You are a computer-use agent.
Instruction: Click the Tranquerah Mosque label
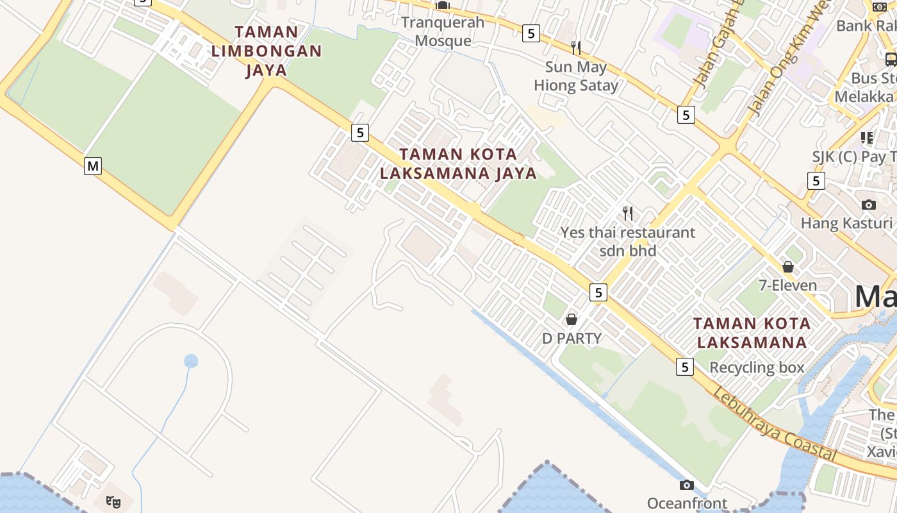tap(443, 31)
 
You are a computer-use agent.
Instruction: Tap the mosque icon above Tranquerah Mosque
tap(443, 6)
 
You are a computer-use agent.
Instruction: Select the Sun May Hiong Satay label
tap(576, 76)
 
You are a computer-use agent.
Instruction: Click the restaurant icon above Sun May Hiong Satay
tap(576, 47)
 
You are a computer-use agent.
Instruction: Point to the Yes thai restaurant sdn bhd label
tap(627, 241)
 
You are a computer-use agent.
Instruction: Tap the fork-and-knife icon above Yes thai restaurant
tap(628, 213)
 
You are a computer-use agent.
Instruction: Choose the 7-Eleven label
tap(787, 285)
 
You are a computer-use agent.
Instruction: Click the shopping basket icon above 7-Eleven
tap(788, 267)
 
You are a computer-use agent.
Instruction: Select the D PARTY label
tap(572, 338)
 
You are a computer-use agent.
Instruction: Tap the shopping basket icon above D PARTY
tap(572, 319)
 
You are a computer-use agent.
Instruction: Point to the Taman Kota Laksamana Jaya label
tap(458, 164)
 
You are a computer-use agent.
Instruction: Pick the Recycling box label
tap(756, 367)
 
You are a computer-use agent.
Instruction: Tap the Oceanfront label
tap(687, 503)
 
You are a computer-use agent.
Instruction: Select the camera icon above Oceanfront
tap(687, 485)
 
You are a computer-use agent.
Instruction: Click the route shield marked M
tap(93, 166)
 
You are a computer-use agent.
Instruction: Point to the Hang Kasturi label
tap(846, 223)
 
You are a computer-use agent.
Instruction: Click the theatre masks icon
tap(113, 501)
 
